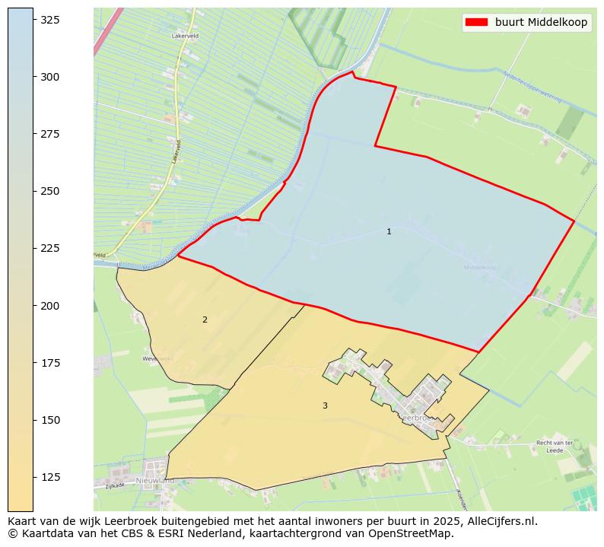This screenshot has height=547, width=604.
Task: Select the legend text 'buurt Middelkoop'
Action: pyautogui.click(x=541, y=23)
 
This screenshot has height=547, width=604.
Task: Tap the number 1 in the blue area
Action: pyautogui.click(x=389, y=231)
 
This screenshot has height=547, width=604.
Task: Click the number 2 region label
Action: pyautogui.click(x=205, y=320)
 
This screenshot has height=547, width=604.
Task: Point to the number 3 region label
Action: pyautogui.click(x=325, y=405)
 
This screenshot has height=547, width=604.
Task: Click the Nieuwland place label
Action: pyautogui.click(x=155, y=481)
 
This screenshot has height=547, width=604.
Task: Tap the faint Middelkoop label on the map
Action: pyautogui.click(x=479, y=267)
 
